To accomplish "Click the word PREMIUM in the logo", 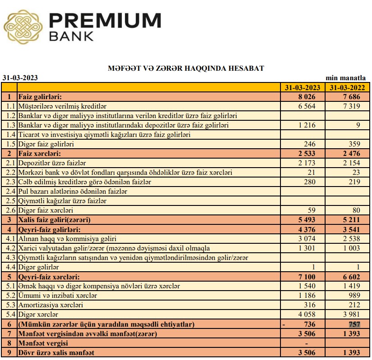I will (x=105, y=21).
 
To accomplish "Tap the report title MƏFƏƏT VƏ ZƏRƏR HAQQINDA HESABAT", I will (x=186, y=68).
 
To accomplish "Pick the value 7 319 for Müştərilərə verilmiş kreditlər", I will (x=351, y=106).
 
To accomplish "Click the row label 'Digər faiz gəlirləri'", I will (x=46, y=144).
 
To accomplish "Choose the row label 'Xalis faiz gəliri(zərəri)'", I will (x=55, y=220).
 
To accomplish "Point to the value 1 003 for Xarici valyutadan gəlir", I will (x=351, y=248).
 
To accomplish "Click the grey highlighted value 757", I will (x=354, y=324).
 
